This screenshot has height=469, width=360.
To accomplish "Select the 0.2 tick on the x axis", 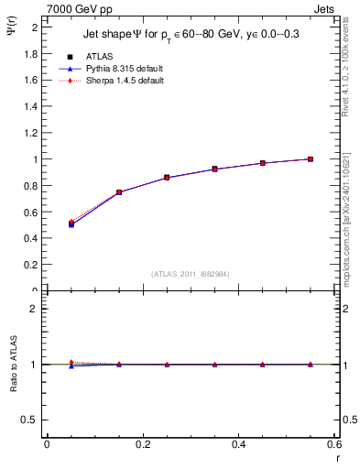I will [142, 445].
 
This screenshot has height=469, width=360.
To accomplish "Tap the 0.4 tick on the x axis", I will [238, 445].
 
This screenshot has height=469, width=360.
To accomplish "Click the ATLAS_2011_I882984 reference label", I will [190, 274].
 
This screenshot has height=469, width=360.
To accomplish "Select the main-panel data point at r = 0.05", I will [71, 224].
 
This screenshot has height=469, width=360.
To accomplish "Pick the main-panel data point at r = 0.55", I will [311, 159].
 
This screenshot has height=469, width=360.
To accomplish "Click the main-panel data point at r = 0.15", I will [118, 192].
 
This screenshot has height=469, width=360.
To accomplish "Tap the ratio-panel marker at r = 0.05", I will [71, 364].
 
